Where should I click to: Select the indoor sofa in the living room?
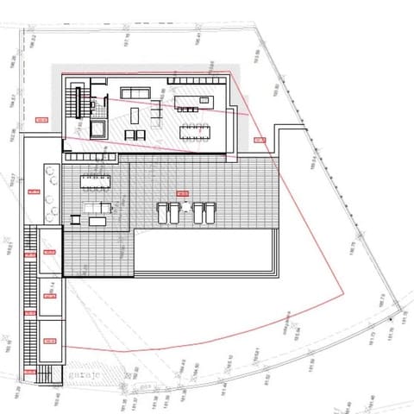click(x=135, y=92)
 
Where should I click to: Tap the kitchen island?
click(x=191, y=103)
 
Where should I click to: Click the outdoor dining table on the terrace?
click(x=96, y=181)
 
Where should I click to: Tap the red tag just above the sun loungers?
click(x=181, y=193)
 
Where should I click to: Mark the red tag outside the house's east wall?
click(x=259, y=139)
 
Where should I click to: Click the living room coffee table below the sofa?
click(x=135, y=134)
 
